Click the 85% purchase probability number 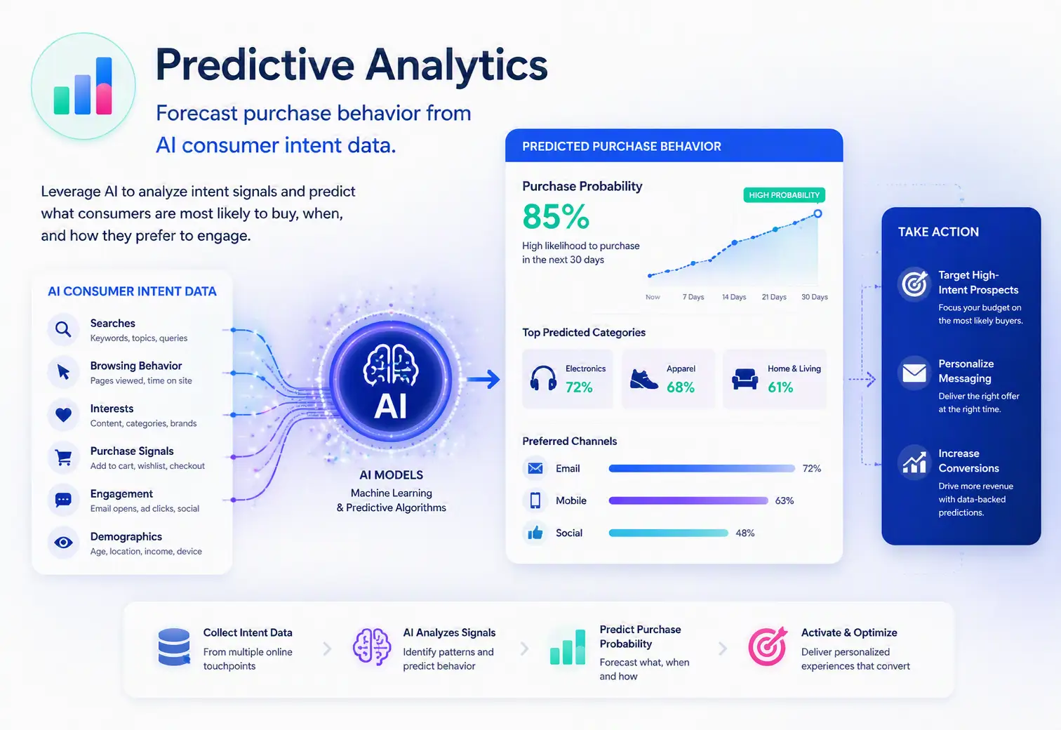(x=556, y=216)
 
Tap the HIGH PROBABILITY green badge (x=784, y=195)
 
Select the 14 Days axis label (x=734, y=297)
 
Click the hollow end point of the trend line (x=818, y=213)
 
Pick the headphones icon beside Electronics (x=543, y=378)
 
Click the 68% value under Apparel (x=680, y=387)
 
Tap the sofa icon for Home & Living (x=745, y=379)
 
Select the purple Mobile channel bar (x=688, y=500)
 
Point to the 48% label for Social (x=745, y=533)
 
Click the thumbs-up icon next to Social (x=535, y=533)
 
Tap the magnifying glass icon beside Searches (x=63, y=328)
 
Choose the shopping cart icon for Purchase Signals (x=63, y=457)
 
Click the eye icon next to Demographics (x=63, y=543)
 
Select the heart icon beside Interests (x=63, y=415)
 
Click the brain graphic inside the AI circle (x=391, y=365)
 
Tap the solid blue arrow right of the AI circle (x=483, y=379)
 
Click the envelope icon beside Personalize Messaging (x=914, y=373)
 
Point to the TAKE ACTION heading (x=937, y=232)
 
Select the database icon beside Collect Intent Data (x=174, y=647)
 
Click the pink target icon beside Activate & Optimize (x=768, y=646)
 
